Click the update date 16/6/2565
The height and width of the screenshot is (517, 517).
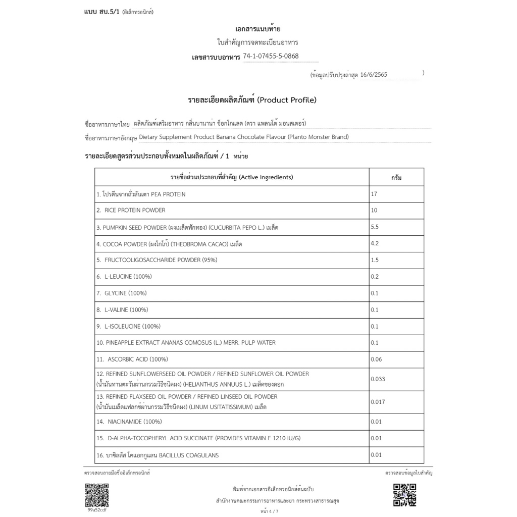click(374, 75)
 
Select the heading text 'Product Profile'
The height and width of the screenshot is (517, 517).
click(287, 100)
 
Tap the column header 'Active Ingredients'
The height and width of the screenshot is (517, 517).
click(265, 177)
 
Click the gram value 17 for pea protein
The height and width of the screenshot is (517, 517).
click(374, 194)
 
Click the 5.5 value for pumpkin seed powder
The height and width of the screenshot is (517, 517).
click(375, 227)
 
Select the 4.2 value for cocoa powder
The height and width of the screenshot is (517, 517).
click(375, 243)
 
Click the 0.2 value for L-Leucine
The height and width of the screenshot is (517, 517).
click(375, 277)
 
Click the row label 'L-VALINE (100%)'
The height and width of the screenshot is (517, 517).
click(126, 309)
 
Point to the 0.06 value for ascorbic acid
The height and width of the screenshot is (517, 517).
click(376, 359)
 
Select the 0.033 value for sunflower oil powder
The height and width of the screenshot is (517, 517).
click(378, 379)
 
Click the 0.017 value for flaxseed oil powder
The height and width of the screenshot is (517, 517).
click(378, 402)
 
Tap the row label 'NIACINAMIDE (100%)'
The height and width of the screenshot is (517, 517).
click(134, 422)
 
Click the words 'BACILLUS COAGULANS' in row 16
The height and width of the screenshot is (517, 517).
click(189, 455)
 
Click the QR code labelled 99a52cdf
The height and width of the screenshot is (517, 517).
click(96, 495)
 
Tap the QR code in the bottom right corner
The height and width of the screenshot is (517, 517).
click(404, 495)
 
